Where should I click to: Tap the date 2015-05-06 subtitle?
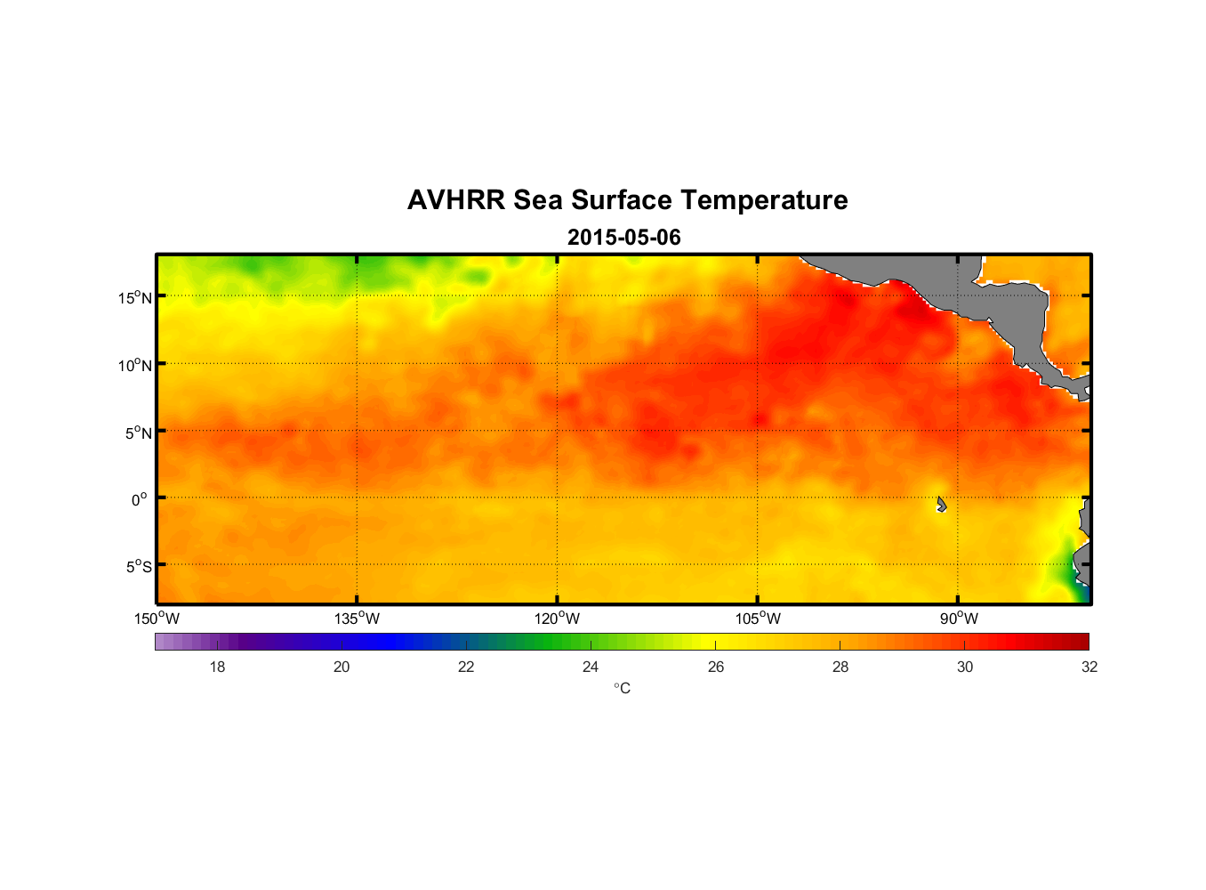(624, 238)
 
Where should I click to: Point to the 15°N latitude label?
(134, 297)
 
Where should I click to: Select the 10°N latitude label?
(134, 365)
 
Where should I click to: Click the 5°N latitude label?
(137, 433)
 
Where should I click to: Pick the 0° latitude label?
(139, 499)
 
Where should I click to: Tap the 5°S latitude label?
(137, 567)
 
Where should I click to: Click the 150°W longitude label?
(157, 619)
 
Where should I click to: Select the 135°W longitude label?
(357, 619)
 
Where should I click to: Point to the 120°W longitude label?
(557, 619)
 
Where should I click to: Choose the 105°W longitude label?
(758, 619)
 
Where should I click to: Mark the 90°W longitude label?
(959, 619)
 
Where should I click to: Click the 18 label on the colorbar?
(217, 667)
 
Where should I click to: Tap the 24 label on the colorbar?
(591, 667)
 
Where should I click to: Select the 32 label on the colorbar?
(1089, 667)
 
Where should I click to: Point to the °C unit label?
(622, 689)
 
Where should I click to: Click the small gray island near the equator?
(941, 505)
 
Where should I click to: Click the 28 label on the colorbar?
(840, 667)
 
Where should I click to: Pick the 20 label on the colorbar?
(342, 667)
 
